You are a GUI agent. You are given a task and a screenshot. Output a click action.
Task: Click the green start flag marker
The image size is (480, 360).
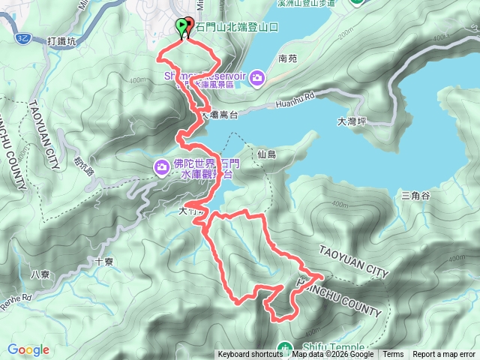tap(181, 27)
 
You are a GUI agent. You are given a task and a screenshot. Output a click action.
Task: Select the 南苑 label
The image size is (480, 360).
tap(287, 58)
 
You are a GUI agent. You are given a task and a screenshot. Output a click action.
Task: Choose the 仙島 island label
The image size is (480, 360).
tap(266, 154)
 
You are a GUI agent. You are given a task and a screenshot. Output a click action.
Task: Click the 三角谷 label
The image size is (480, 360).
tap(415, 195)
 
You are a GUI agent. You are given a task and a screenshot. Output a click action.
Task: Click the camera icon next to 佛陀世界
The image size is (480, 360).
tap(162, 166)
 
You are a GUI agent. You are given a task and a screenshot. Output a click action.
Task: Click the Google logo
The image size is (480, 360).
tap(28, 349)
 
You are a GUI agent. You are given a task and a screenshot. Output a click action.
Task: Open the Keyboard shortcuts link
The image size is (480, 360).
tap(250, 355)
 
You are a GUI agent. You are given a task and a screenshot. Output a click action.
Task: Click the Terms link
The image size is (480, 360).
tap(393, 355)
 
